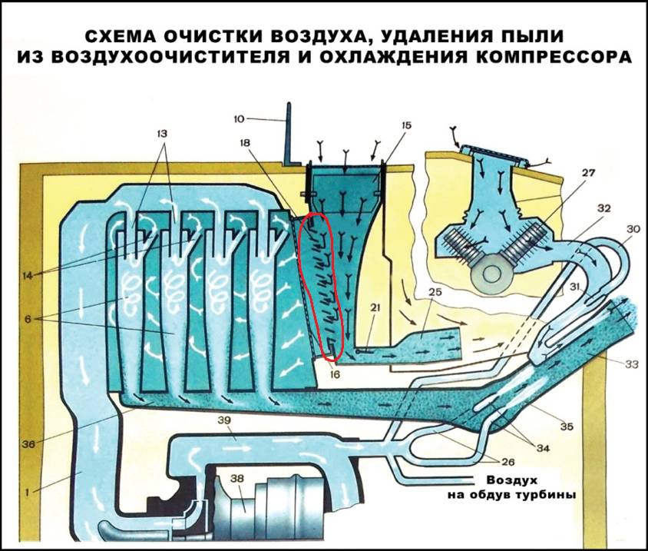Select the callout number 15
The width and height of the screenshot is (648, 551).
406,124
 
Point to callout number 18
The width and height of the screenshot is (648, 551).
245,144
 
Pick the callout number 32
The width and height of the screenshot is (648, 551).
604,208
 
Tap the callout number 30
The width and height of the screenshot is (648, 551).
634,229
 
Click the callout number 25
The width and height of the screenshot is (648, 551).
435,293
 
